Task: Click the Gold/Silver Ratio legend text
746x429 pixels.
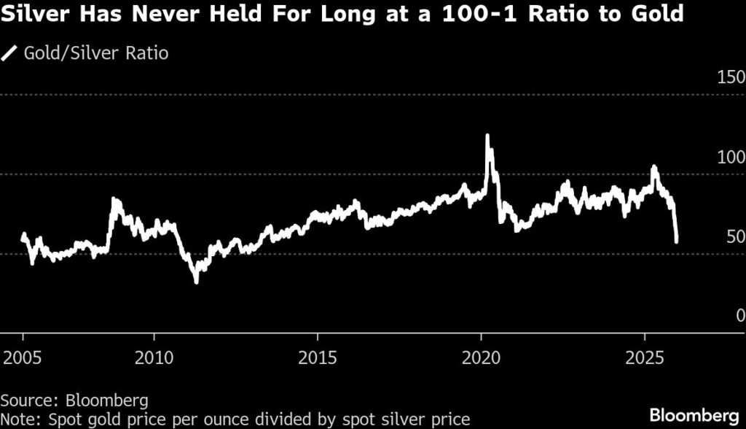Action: [95, 53]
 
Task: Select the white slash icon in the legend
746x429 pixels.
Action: [11, 53]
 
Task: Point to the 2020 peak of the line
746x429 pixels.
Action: [487, 136]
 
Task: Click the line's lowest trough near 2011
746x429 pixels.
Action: [196, 282]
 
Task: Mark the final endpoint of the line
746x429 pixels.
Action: [677, 241]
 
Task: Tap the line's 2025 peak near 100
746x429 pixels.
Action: [653, 167]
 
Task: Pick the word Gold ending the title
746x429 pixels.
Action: [659, 15]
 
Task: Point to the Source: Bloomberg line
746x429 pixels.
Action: [75, 400]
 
